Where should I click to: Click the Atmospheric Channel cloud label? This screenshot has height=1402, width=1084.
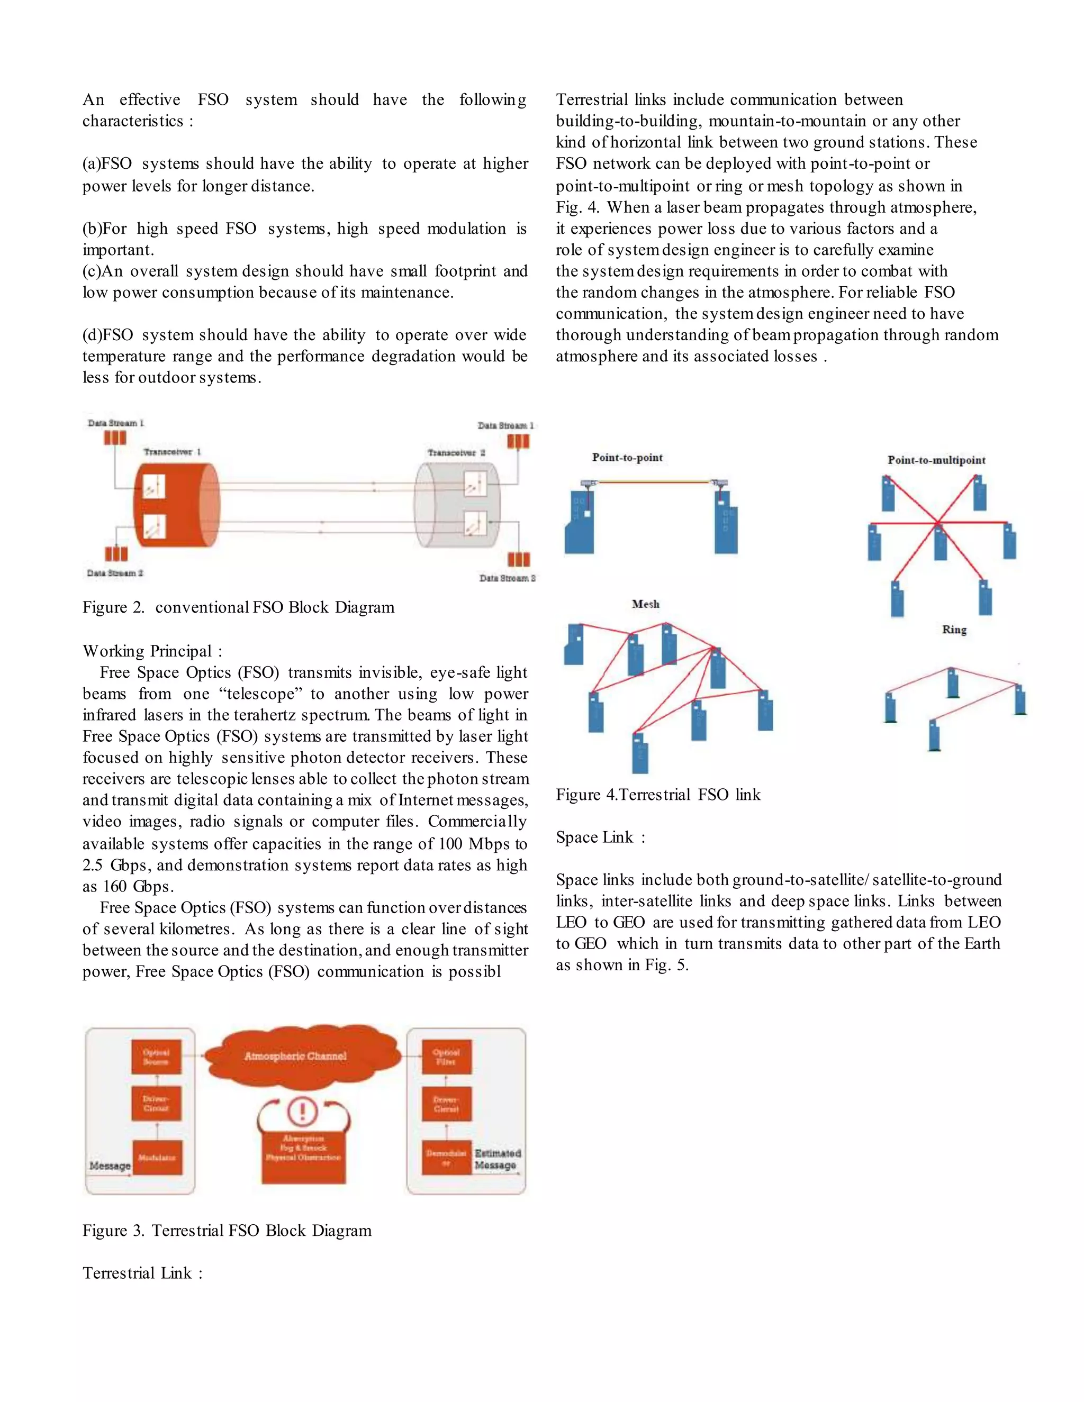point(295,1056)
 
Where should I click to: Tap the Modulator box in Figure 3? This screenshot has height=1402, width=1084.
point(157,1158)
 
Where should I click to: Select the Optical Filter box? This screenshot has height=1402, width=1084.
point(446,1057)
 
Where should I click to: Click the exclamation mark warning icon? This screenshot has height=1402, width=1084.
point(302,1111)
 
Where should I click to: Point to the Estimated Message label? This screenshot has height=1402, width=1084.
point(497,1159)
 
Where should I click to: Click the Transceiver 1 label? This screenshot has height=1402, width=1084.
point(172,452)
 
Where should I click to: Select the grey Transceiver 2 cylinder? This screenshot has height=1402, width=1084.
point(456,505)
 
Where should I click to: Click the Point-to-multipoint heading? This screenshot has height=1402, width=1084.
point(936,460)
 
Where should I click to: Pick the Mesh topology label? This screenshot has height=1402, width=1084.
point(645,604)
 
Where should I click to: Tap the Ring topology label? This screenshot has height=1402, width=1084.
point(954,630)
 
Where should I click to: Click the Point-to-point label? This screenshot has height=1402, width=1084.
point(627,458)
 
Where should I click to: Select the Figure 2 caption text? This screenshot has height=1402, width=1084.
point(238,607)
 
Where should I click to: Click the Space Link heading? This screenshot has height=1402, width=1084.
point(600,837)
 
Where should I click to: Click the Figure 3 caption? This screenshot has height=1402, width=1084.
point(227,1231)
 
